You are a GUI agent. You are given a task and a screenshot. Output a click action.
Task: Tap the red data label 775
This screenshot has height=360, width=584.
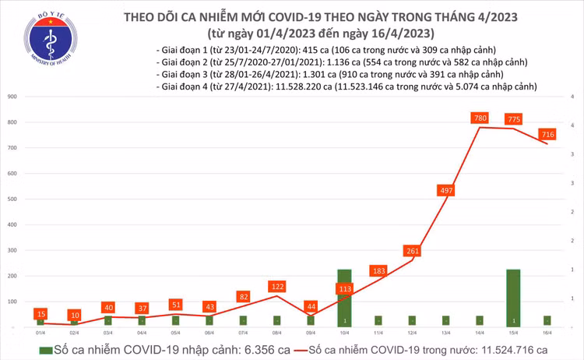(x=514, y=119)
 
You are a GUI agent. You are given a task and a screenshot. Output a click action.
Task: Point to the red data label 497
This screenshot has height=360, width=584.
(x=446, y=191)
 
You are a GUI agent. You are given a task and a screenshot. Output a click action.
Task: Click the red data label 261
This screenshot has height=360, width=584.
(x=412, y=251)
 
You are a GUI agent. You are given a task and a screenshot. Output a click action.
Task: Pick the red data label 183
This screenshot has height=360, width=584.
(x=378, y=270)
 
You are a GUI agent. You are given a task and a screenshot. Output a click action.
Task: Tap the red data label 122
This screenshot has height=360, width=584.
(x=276, y=286)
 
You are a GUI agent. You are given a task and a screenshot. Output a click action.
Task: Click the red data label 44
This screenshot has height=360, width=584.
(x=311, y=306)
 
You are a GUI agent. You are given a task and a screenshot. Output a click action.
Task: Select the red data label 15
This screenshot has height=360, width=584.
(x=40, y=313)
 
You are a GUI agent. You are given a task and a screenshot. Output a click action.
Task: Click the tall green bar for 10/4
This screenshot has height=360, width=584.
(x=344, y=297)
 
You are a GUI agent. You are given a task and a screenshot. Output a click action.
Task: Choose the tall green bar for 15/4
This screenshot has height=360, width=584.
(x=514, y=297)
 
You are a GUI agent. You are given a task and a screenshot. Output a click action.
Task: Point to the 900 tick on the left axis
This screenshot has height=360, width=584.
(x=13, y=97)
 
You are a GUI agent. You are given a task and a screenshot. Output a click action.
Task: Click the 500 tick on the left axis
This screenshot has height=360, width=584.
(x=13, y=199)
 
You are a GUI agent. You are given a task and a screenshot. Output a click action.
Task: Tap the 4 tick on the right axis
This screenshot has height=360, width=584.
(x=572, y=125)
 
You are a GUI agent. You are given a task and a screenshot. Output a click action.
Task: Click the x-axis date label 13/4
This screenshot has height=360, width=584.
(x=446, y=331)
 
